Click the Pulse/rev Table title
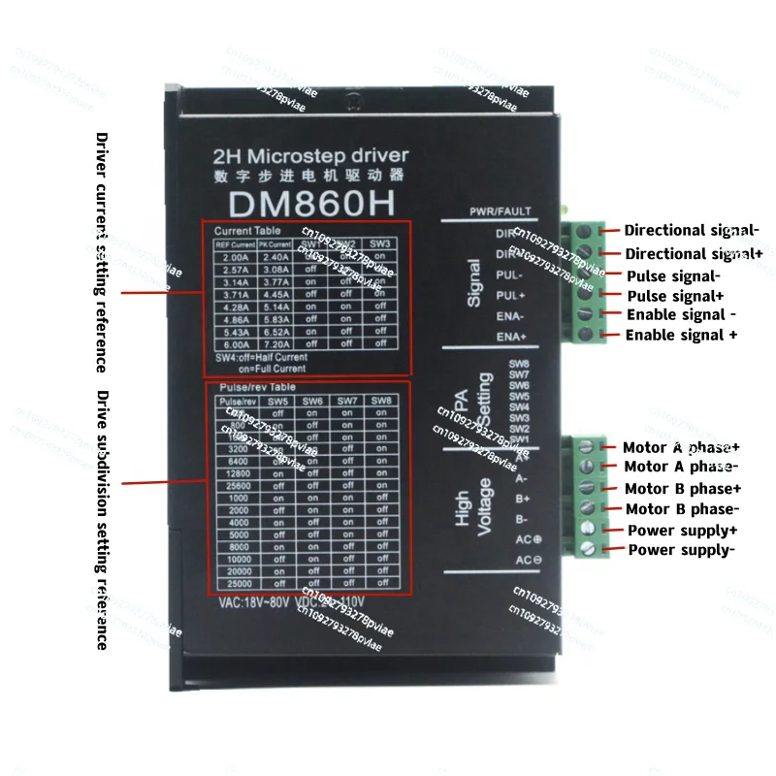click(250, 388)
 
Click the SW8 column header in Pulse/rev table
click(381, 401)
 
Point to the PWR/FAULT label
click(501, 210)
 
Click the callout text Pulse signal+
click(675, 295)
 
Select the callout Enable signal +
click(681, 335)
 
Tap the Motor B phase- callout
click(682, 509)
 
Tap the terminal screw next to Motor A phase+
click(585, 446)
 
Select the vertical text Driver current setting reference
click(101, 252)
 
